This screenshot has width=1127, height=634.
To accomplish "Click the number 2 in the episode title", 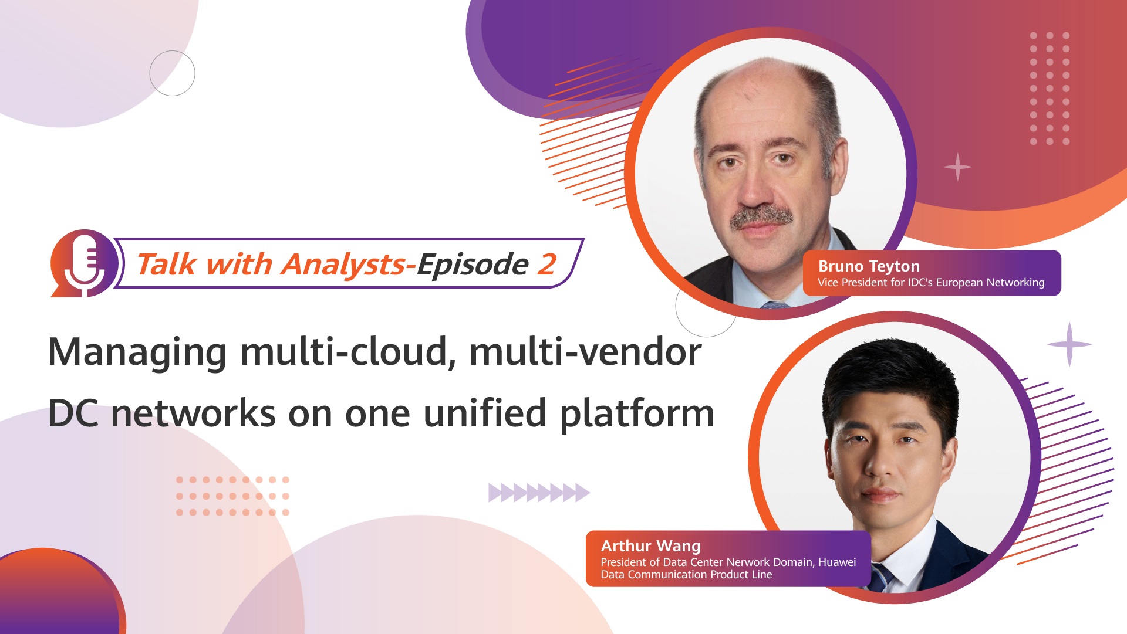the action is [546, 264].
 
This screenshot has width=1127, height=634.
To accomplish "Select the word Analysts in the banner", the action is [343, 265].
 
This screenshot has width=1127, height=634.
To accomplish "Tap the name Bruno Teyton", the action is [869, 266].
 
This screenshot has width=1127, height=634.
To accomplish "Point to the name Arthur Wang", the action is [650, 546].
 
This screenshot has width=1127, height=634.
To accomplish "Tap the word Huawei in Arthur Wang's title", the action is [837, 562].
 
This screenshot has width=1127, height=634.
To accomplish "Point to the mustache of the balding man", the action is [761, 217].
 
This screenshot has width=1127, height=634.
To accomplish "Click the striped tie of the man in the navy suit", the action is [880, 577].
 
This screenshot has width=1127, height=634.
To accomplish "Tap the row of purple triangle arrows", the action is [539, 493].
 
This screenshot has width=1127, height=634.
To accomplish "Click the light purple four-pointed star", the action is [1069, 344].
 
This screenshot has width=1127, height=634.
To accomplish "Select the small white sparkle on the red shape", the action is [957, 167].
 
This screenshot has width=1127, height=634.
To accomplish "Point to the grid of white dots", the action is [1050, 89].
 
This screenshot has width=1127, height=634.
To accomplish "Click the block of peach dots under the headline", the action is [232, 496].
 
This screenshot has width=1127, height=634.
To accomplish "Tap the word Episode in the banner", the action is [473, 265].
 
